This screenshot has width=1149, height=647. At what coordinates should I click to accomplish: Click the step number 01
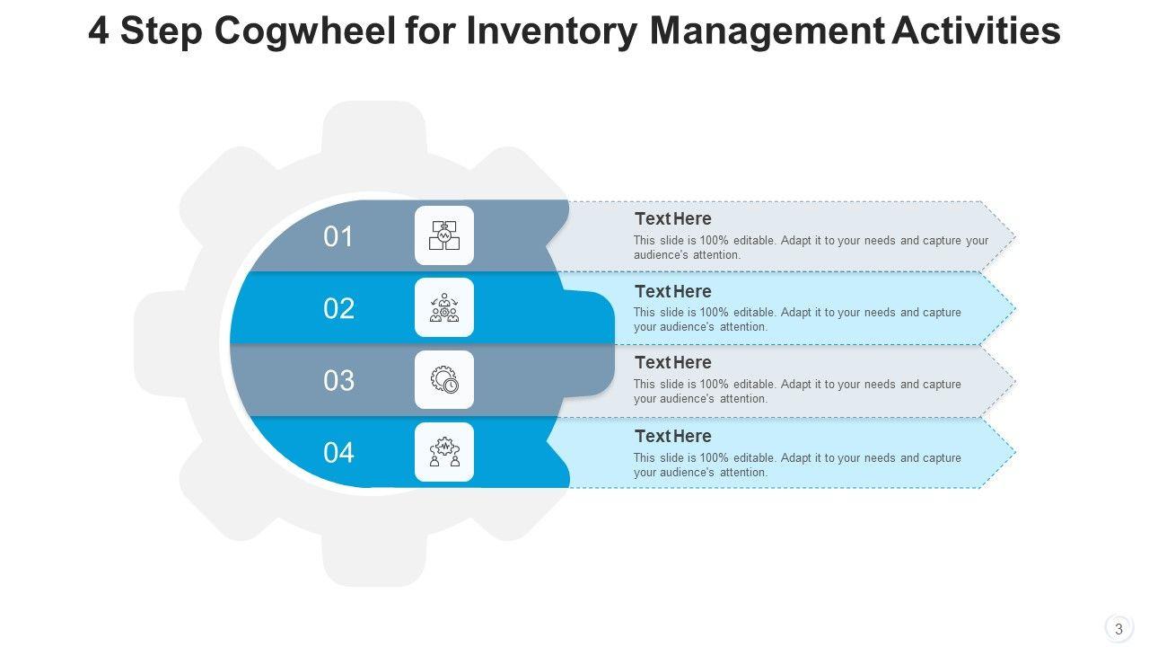(x=338, y=237)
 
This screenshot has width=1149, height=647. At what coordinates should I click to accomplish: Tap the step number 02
(x=338, y=309)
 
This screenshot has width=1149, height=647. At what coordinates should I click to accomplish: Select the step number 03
(x=338, y=381)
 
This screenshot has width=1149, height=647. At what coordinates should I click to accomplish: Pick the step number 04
(x=338, y=453)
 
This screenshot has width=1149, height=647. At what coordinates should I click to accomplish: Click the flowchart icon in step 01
(x=443, y=235)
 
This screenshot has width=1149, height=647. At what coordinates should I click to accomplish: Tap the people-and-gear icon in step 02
(x=443, y=307)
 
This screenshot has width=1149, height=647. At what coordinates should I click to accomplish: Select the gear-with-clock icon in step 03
(x=443, y=380)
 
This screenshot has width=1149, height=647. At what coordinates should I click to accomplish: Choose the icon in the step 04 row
(x=443, y=452)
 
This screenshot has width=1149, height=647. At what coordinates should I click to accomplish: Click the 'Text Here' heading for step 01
(x=672, y=218)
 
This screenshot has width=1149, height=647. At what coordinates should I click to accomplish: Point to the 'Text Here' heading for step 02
(x=672, y=291)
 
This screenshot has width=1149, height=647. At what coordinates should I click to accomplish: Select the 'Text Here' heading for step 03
(x=672, y=362)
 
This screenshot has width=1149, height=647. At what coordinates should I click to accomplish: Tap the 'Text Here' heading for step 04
(x=672, y=436)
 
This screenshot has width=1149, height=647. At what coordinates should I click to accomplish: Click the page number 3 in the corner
(x=1118, y=629)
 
